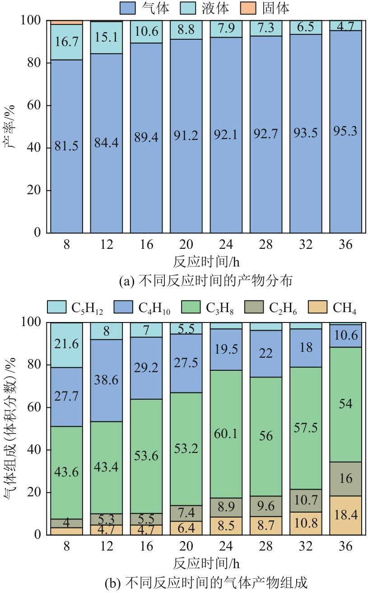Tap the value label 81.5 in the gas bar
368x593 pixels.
click(x=66, y=148)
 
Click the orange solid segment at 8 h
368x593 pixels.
click(x=66, y=22)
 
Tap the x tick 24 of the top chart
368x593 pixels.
click(x=226, y=245)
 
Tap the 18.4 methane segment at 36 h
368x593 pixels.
click(x=345, y=515)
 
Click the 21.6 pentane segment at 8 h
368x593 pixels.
click(x=66, y=344)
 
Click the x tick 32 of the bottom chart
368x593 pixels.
click(x=306, y=547)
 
